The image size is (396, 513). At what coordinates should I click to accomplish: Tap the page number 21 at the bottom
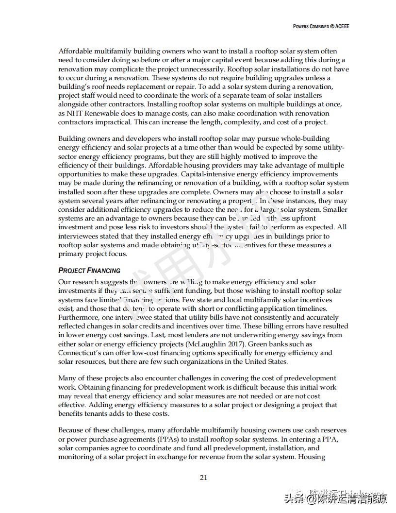click(x=204, y=477)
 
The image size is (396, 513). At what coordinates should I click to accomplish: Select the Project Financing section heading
click(x=89, y=270)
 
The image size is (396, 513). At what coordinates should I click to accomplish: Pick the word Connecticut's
click(x=81, y=353)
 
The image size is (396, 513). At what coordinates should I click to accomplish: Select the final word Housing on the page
click(x=311, y=457)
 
